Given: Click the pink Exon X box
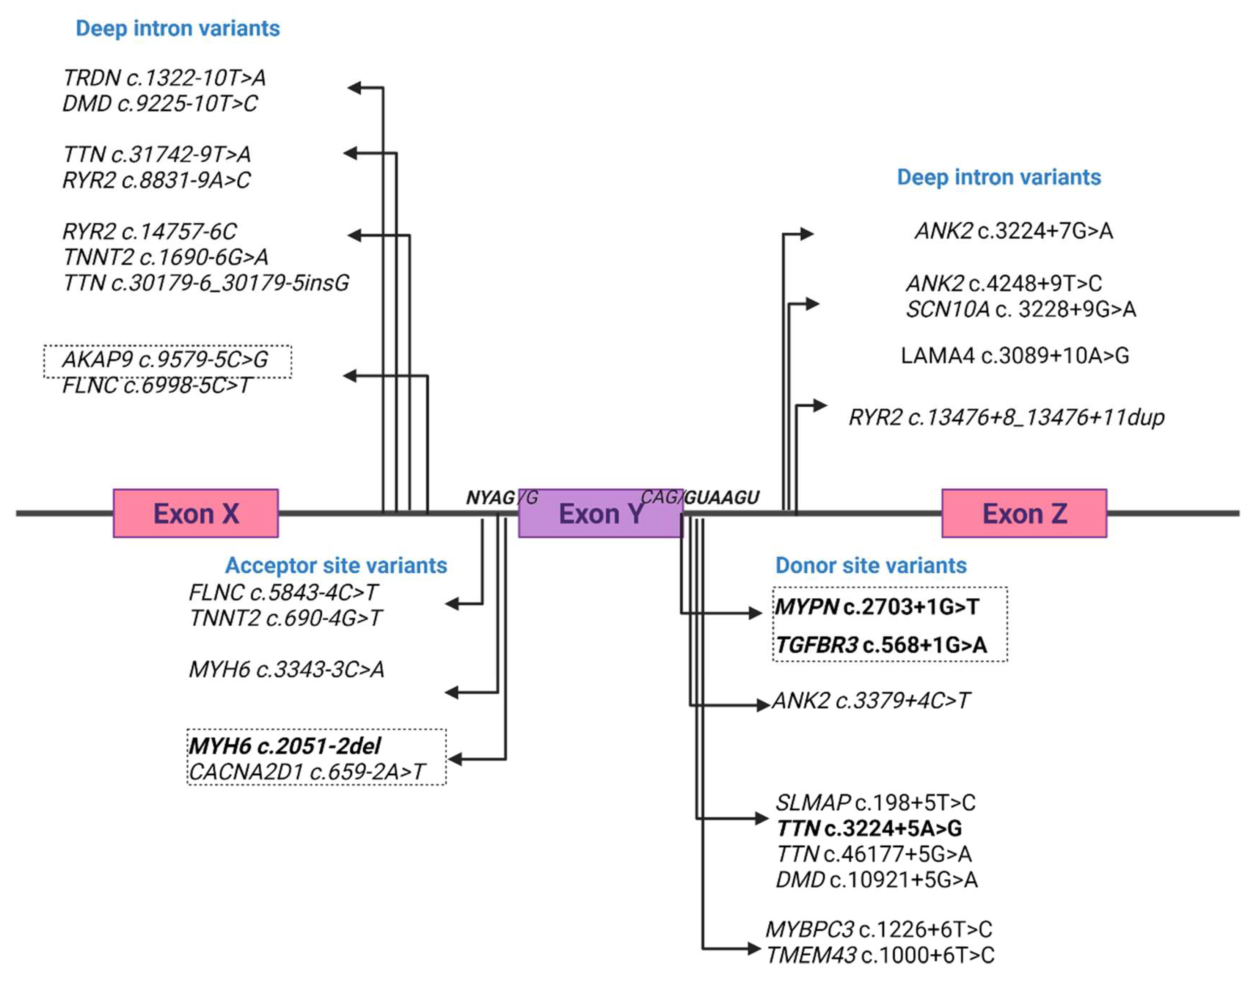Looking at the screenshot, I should click(x=195, y=513).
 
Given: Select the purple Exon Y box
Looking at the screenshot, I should click(x=600, y=513).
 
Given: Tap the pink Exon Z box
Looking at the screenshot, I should click(x=1024, y=513).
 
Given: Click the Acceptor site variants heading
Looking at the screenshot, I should click(x=336, y=565).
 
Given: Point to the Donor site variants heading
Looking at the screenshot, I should click(x=870, y=565).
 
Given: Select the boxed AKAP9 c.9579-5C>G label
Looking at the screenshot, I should click(x=165, y=359).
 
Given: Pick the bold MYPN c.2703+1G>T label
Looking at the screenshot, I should click(x=876, y=607).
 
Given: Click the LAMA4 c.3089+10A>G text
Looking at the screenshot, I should click(x=1014, y=355).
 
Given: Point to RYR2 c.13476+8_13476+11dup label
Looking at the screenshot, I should click(x=1006, y=417).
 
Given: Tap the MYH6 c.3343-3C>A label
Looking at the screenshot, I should click(x=287, y=669).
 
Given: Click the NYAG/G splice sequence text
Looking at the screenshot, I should click(x=502, y=497).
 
